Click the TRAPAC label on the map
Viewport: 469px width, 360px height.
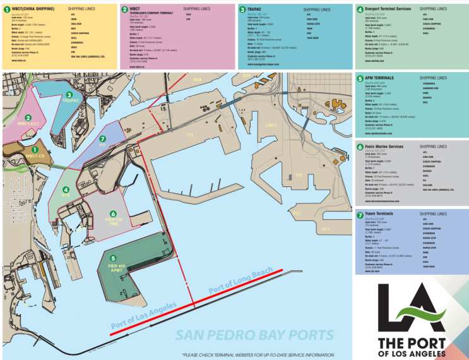point(70,101)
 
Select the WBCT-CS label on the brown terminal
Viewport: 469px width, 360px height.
point(35,155)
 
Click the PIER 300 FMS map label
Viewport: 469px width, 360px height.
point(114,221)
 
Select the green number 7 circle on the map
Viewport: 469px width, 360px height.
point(103,138)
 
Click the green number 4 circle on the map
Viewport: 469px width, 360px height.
point(66,189)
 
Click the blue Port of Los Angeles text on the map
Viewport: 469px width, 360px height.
point(143,316)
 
